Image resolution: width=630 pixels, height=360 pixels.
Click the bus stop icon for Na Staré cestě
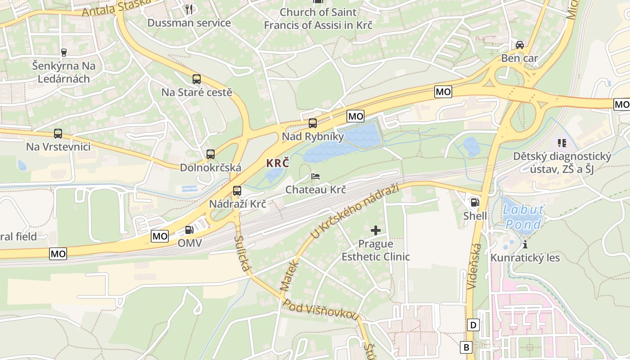[197, 79]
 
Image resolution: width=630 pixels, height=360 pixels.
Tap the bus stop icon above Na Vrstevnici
[58, 134]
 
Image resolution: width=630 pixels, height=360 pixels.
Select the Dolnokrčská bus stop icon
[210, 154]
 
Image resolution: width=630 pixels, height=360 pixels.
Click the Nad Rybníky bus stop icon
[312, 123]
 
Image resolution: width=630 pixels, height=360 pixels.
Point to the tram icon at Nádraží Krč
[237, 191]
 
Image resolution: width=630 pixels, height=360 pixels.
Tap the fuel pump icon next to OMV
[189, 230]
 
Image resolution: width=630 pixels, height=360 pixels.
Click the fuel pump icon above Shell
[475, 202]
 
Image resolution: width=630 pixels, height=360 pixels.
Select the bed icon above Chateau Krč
[315, 176]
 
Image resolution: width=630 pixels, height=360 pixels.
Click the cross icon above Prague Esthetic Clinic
[375, 231]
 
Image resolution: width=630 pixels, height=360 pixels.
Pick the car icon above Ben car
[520, 45]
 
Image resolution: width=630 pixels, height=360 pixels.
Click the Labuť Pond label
[523, 216]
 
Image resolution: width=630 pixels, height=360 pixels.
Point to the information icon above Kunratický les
[525, 244]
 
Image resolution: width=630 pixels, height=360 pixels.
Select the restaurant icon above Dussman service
[189, 9]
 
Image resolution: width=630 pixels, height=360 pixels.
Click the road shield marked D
[473, 325]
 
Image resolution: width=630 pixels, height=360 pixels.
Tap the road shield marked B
[466, 347]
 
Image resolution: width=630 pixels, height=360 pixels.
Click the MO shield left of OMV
[160, 236]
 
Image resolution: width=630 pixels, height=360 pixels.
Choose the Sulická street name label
[242, 254]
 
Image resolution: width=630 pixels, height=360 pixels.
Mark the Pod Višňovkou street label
[320, 310]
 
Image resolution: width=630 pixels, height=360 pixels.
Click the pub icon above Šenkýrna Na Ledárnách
[63, 52]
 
